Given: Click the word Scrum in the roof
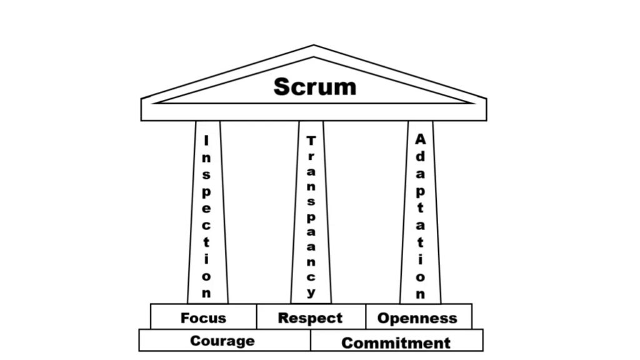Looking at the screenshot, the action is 315,86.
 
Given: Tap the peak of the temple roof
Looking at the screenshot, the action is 314,45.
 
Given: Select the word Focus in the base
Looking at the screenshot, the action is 203,318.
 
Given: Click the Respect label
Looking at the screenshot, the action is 310,318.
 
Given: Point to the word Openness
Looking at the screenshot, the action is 417,318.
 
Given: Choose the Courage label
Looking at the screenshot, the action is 222,341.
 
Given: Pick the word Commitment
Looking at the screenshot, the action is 396,343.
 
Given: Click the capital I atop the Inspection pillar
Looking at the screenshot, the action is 206,141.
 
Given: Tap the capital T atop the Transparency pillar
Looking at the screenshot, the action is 311,141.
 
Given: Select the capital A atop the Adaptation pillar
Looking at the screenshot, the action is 421,139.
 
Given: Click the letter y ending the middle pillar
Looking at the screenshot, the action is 311,292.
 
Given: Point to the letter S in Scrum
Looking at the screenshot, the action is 282,87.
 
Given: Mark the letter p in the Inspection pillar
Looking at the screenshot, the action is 206,192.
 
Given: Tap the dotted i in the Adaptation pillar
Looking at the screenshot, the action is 421,259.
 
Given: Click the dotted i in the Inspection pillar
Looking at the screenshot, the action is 206,259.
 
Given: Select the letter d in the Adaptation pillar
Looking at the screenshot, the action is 421,156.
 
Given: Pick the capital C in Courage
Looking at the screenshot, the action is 196,341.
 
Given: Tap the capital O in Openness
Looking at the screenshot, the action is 384,318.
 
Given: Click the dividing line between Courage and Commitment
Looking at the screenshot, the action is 311,340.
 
